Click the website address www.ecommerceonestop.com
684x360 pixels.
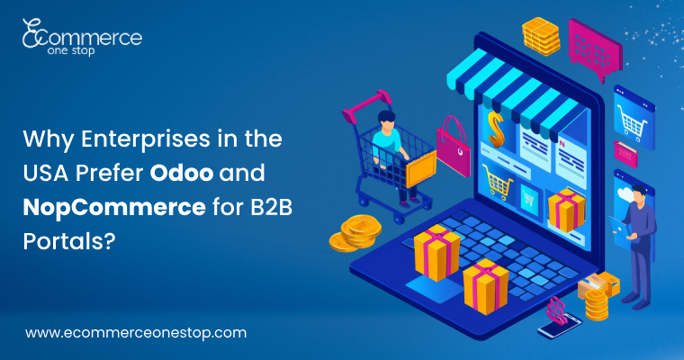[x=135, y=332]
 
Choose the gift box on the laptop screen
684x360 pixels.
[x=565, y=209]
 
